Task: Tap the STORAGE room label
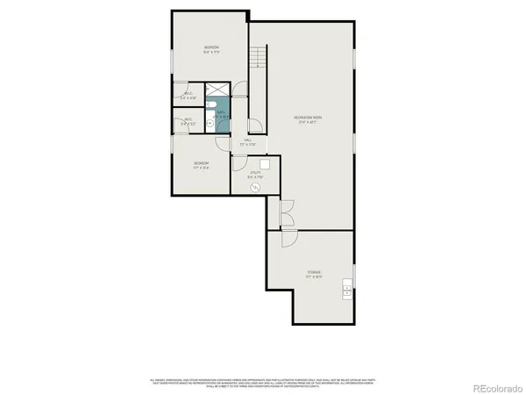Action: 314,273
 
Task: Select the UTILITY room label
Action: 255,175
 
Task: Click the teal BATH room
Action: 220,113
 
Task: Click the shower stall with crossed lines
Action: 216,91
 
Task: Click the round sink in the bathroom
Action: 211,124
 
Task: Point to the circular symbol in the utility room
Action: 256,186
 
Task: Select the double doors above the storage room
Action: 285,214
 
